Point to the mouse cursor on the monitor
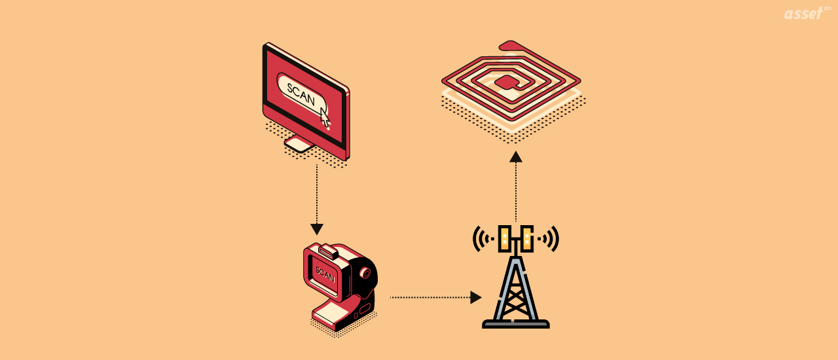[325, 117]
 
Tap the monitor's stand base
[300, 145]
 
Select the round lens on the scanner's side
[366, 272]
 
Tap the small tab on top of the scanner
[328, 251]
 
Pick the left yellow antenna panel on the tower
[505, 239]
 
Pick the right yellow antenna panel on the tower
[526, 239]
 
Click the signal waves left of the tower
[482, 239]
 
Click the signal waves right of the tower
[549, 239]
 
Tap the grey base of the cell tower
[516, 323]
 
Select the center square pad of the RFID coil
[505, 82]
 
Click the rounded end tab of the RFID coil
[511, 45]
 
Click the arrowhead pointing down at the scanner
[317, 230]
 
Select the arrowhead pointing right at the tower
[476, 297]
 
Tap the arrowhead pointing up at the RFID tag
[516, 156]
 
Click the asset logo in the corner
[803, 14]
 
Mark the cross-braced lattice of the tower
[516, 291]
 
